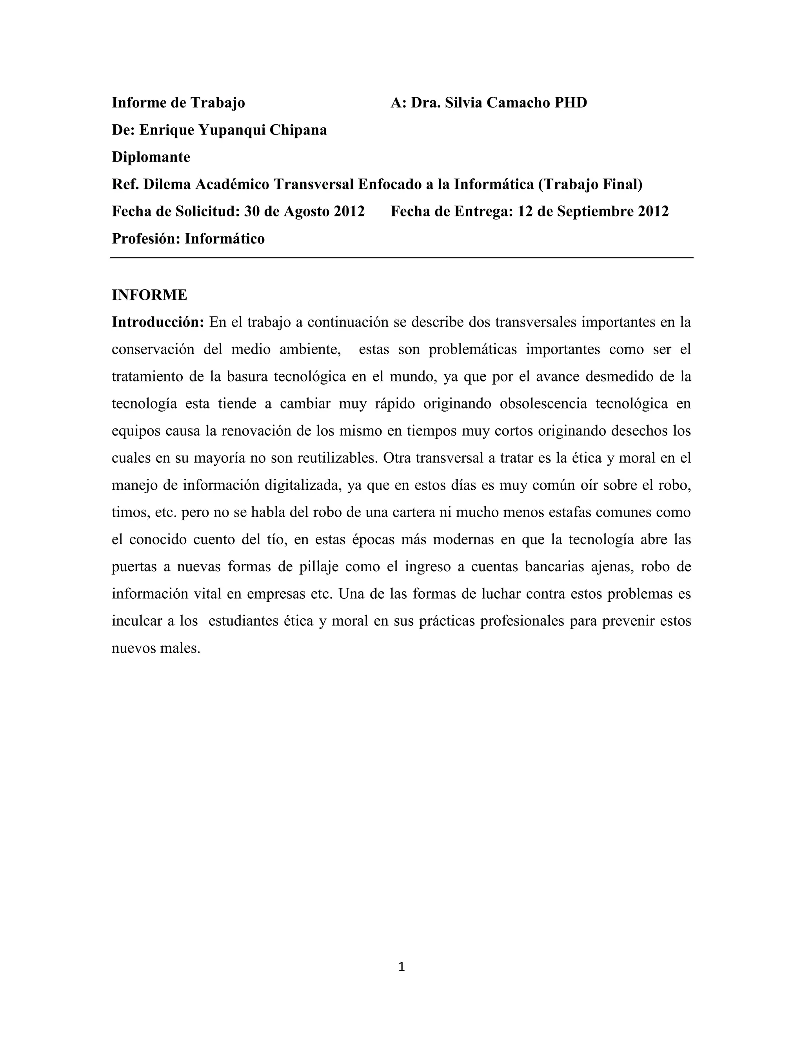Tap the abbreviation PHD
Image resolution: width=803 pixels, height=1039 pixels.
[x=570, y=103]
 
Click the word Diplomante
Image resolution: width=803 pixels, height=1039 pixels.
[x=151, y=157]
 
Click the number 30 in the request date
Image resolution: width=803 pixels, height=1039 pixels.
[x=252, y=211]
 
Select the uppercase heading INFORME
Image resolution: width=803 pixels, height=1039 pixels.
[x=149, y=295]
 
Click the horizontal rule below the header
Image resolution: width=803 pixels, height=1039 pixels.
[x=401, y=258]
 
